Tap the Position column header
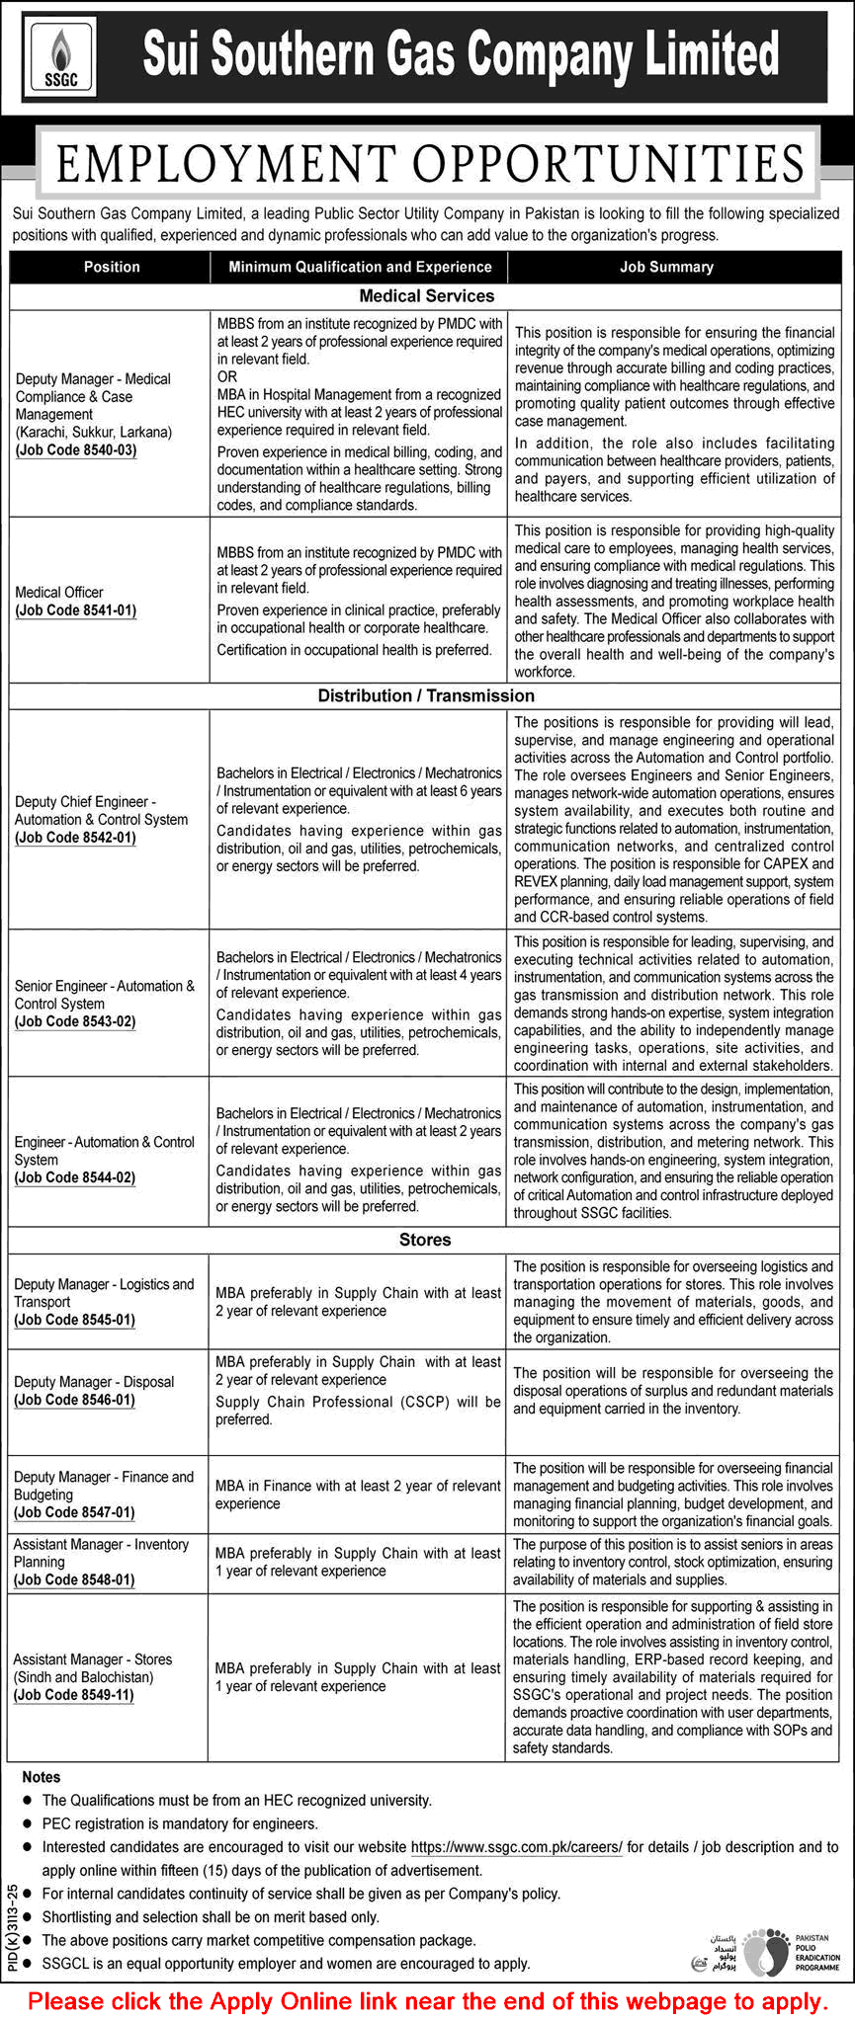(x=112, y=267)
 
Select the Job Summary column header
(x=666, y=267)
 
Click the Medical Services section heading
(x=426, y=296)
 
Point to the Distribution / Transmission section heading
(x=426, y=696)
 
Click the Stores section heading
(x=425, y=1240)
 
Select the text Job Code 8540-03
(x=76, y=450)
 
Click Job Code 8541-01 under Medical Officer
(x=76, y=610)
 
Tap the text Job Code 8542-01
(x=76, y=838)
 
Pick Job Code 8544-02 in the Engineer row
(x=75, y=1177)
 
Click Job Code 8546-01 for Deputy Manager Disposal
(x=75, y=1400)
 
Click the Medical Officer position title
(x=59, y=593)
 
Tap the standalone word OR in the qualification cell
(x=227, y=377)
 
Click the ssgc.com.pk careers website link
(x=516, y=1846)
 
